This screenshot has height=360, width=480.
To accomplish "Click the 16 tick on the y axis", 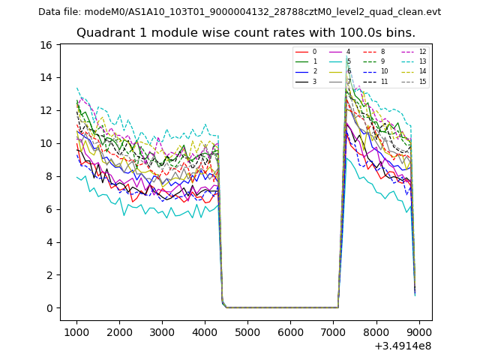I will coord(45,44).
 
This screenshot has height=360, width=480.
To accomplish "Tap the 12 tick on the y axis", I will coord(45,110).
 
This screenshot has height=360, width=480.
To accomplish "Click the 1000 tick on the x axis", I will coord(76,332).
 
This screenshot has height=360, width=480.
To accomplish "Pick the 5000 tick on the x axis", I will coord(247,332).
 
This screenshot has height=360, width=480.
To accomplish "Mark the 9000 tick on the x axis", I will coord(419,332).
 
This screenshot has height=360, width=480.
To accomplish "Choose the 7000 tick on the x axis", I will coord(334,332).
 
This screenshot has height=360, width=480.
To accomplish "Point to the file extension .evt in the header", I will coord(431,12).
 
